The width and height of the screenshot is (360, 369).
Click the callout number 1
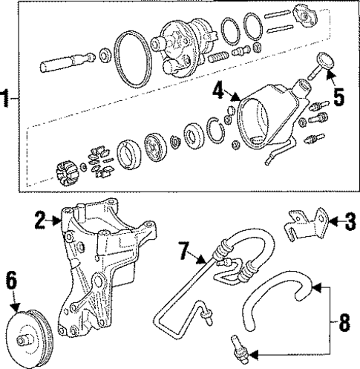tap(7, 97)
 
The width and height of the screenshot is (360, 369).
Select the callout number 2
tap(40, 220)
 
